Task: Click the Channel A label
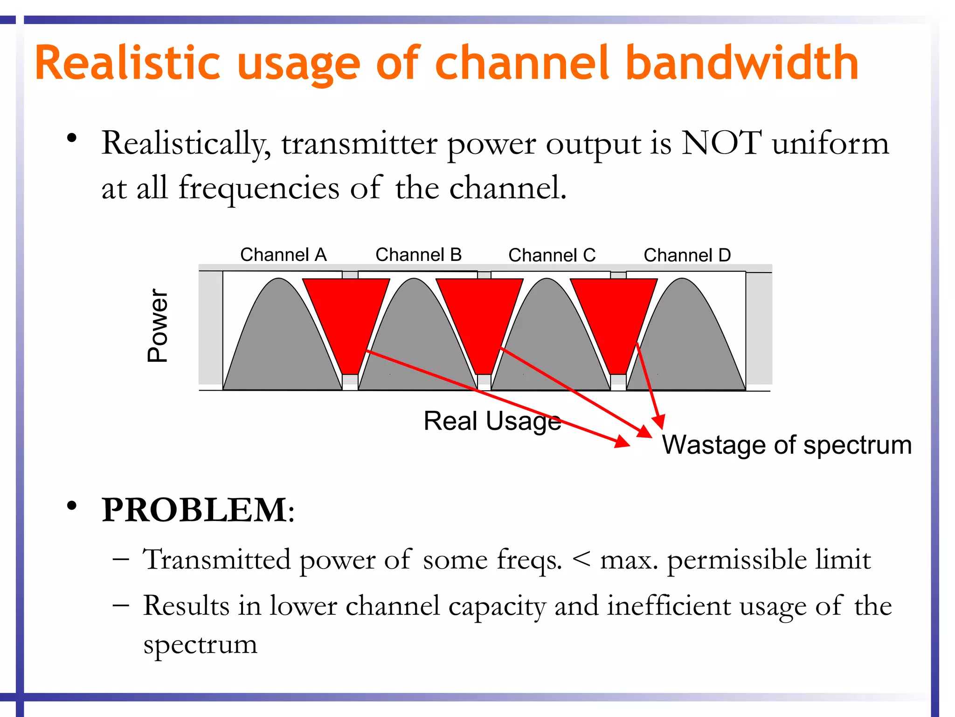click(x=283, y=255)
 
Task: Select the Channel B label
click(x=418, y=255)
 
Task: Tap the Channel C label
click(x=552, y=255)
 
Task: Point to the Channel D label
click(x=687, y=255)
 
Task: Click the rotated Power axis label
click(x=158, y=325)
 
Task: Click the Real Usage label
click(x=492, y=421)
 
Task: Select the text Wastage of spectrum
click(x=787, y=445)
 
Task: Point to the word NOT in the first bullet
click(x=721, y=143)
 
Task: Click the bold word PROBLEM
click(x=195, y=510)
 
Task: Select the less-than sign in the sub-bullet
click(x=581, y=558)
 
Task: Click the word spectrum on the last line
click(x=200, y=645)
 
